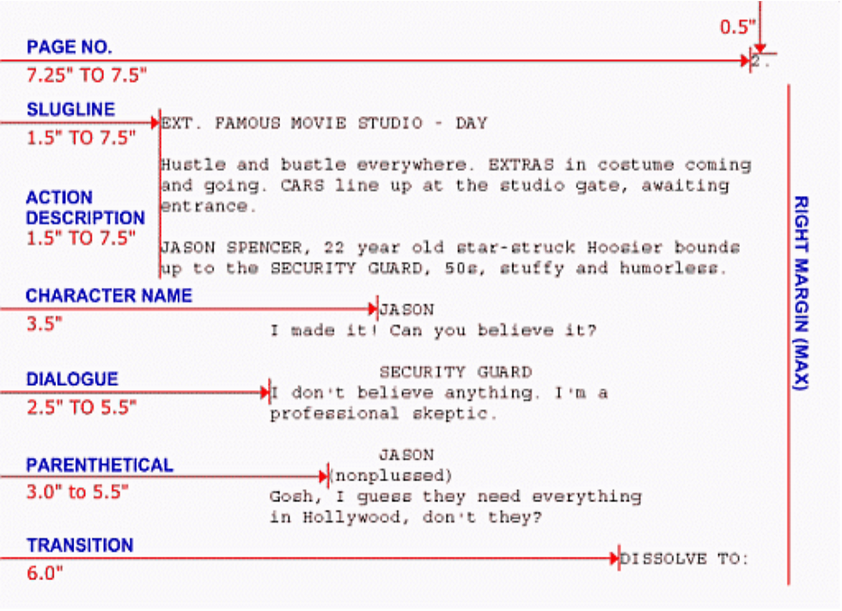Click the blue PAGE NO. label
[x=69, y=47]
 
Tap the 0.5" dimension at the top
[x=735, y=27]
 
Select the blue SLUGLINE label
[x=70, y=110]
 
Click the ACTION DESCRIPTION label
[x=85, y=208]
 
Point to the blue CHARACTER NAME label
[x=109, y=296]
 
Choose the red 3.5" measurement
[x=44, y=323]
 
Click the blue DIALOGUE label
[x=72, y=379]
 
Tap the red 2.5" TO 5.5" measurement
[x=82, y=407]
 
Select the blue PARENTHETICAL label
[x=100, y=465]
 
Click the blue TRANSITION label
[x=80, y=546]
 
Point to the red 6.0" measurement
[x=45, y=573]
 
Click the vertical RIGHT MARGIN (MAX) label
[x=801, y=292]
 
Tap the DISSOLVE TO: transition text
[x=685, y=559]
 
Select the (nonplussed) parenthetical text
[x=391, y=475]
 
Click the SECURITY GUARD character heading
[x=455, y=372]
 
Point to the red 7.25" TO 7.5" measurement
[x=87, y=75]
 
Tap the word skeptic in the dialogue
[x=464, y=413]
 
